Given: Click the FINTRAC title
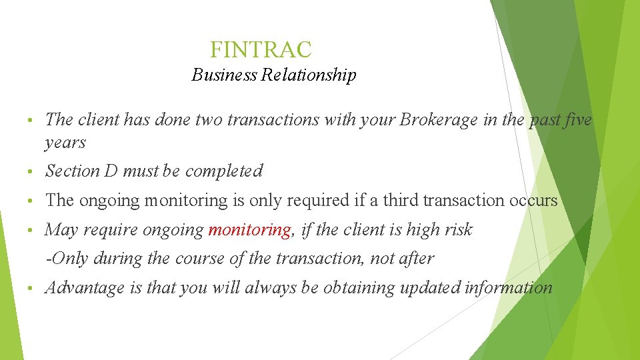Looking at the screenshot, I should point(261,49).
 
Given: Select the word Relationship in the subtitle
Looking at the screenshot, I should point(309,75).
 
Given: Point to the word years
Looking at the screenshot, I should point(65,143).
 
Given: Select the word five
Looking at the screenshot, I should point(578,120).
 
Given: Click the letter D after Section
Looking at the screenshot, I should point(111,171).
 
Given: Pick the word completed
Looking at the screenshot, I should point(224,171).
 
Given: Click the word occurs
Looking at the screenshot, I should point(534,201).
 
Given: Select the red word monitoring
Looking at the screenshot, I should point(250,230).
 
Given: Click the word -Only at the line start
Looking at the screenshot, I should point(67,259).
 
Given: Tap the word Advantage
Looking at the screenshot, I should point(85,288).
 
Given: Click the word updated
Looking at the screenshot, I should point(432,288).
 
